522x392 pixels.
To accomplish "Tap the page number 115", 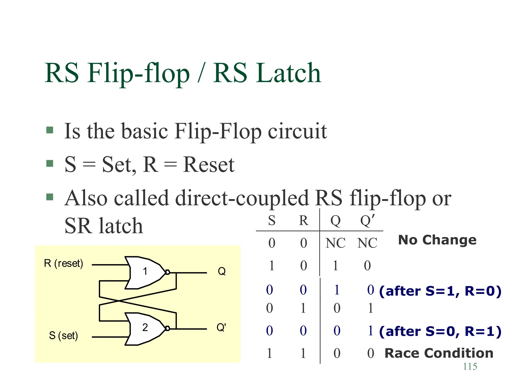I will [x=470, y=366].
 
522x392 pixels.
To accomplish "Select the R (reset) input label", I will [x=63, y=263].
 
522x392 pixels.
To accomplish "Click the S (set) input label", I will [x=63, y=336].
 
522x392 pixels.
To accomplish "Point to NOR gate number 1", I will [x=145, y=272].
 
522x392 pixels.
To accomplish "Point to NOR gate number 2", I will [x=145, y=328].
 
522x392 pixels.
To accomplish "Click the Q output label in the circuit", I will [x=221, y=271].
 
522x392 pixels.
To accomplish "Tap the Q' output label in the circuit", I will [x=221, y=327].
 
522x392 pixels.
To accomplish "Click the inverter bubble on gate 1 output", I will [x=167, y=272].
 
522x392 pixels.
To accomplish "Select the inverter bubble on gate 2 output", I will [x=167, y=328].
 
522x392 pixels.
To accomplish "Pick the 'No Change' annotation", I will [x=437, y=240].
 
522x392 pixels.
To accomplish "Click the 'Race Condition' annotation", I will [x=439, y=353].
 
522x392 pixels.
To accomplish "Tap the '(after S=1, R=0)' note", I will [x=440, y=291].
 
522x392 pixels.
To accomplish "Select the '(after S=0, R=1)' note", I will [x=440, y=331].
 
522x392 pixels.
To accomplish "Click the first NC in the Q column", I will [x=335, y=243].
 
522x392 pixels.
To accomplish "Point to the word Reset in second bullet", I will [x=208, y=165].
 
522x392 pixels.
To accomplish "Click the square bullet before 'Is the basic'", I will [x=50, y=130].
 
